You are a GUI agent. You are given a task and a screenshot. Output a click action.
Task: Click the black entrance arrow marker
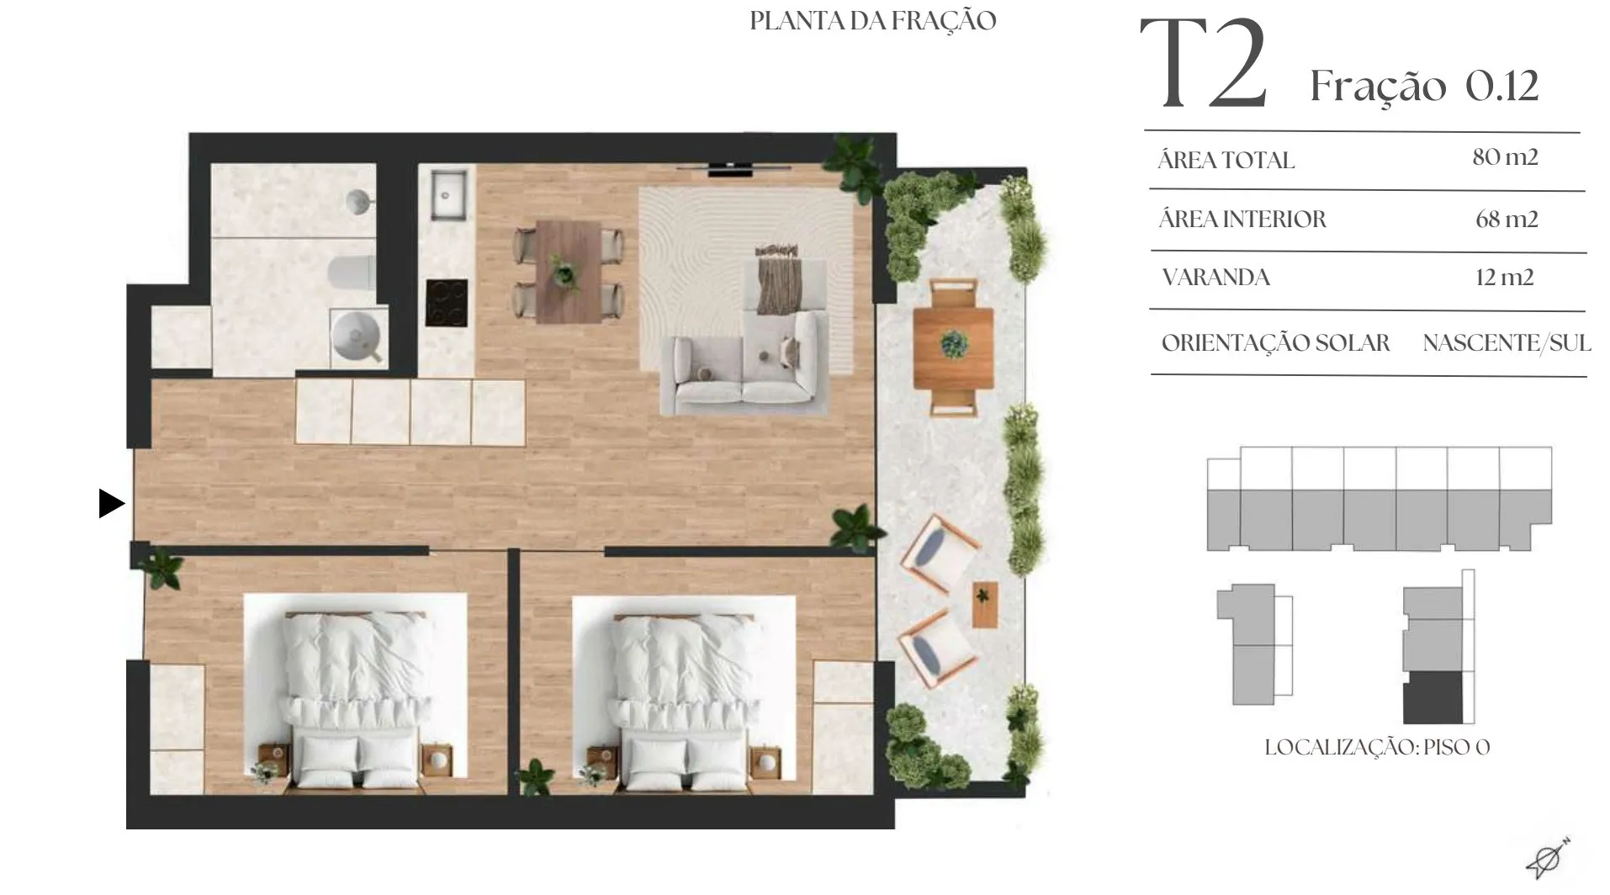[111, 503]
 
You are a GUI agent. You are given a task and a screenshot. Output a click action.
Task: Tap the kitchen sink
[449, 194]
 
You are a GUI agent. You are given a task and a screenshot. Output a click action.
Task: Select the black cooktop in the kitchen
[446, 303]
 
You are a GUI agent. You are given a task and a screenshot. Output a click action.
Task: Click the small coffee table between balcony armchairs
[985, 604]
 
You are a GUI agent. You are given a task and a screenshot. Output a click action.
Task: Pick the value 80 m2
[1505, 157]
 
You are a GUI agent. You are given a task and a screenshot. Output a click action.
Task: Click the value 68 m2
[1507, 220]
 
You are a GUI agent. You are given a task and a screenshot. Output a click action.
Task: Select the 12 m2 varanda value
[1504, 278]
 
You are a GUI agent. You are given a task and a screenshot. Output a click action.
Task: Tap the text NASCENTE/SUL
[1507, 343]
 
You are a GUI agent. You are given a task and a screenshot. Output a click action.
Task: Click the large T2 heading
[1203, 65]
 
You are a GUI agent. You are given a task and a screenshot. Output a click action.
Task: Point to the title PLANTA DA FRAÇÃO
[873, 20]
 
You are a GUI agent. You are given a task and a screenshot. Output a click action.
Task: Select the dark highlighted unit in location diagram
[1433, 697]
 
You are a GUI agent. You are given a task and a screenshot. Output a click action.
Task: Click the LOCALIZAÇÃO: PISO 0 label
[1377, 747]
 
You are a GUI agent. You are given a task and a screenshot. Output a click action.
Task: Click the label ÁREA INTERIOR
[1242, 220]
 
